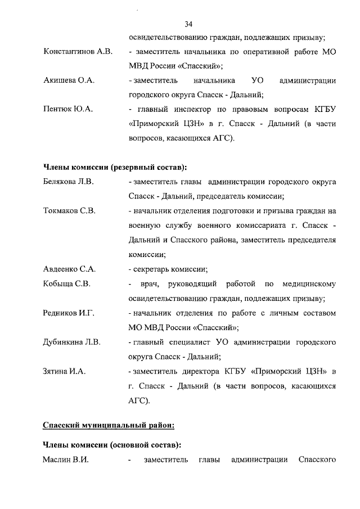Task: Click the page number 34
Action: pos(188,24)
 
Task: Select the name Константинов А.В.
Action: pos(78,52)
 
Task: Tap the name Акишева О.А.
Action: pos(69,81)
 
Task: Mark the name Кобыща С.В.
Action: pos(67,283)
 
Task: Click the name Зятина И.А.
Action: pos(64,371)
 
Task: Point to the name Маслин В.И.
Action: pos(66,460)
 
